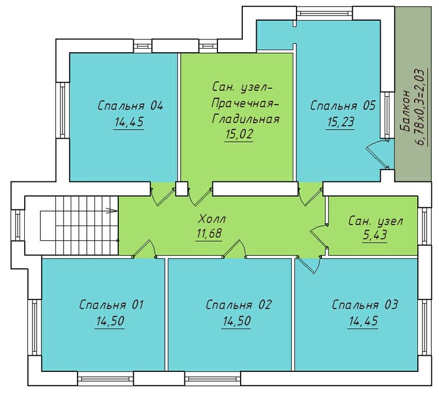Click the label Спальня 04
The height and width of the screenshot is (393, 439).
(x=131, y=106)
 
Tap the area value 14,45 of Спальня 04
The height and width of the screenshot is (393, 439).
(x=129, y=122)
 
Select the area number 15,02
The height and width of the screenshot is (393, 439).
(x=239, y=134)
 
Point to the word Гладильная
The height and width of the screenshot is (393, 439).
(x=246, y=119)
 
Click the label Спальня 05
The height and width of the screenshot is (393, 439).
(x=343, y=106)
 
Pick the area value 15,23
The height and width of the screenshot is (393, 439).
(x=340, y=122)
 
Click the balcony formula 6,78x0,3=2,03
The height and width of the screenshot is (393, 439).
(x=421, y=107)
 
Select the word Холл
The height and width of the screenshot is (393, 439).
(x=212, y=219)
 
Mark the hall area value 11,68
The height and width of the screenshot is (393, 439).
(x=209, y=234)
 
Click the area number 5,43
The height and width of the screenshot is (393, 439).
(x=375, y=235)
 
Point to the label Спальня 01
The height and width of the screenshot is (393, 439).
(x=111, y=305)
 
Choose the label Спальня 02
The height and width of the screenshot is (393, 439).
(x=239, y=305)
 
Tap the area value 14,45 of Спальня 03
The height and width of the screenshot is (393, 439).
(x=364, y=321)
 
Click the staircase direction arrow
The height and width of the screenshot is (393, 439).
(x=112, y=210)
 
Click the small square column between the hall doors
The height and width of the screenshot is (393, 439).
(x=181, y=188)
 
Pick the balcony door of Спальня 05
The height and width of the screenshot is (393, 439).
(x=377, y=154)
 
